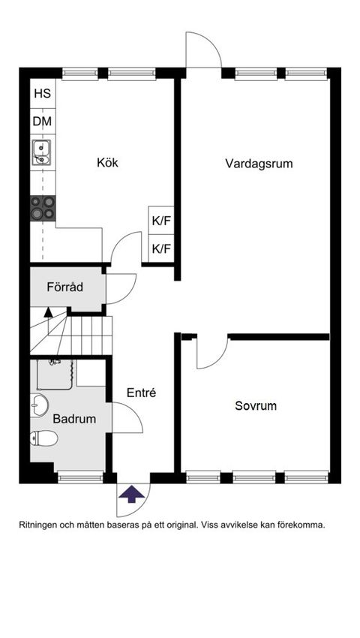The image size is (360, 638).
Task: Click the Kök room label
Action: coord(107,163)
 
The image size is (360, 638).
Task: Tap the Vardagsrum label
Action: coord(259,163)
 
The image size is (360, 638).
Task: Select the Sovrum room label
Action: coord(256,406)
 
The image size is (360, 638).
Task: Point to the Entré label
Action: coord(141,393)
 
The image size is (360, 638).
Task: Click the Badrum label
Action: coord(74,420)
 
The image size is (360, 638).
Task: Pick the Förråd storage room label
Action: coord(64,287)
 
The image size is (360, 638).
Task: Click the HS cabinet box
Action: coord(42,94)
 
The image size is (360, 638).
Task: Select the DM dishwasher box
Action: coord(42,121)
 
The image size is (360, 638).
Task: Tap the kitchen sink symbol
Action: coord(41,152)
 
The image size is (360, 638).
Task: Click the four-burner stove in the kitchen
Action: coord(43,207)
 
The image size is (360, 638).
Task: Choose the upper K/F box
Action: coord(161,221)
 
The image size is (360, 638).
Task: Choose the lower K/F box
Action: coord(161,248)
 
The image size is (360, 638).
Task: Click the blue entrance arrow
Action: coord(133,494)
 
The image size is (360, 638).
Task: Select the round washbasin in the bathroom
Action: coord(40,405)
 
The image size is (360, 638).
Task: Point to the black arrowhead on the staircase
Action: coord(49,311)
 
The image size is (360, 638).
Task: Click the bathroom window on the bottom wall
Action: coord(80,477)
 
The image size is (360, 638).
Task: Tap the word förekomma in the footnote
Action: coord(300,525)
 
